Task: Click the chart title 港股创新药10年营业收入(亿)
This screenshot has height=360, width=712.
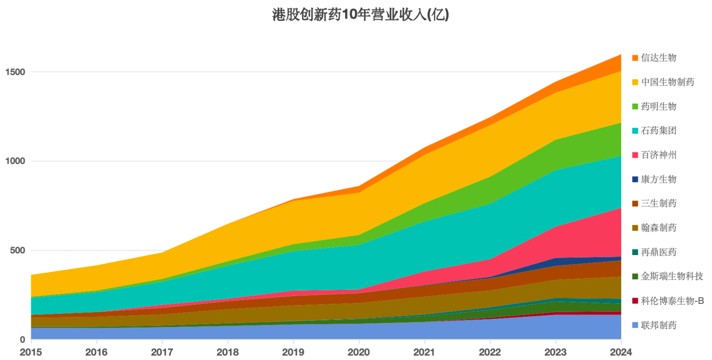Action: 360,15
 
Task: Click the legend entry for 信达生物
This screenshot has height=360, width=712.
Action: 658,58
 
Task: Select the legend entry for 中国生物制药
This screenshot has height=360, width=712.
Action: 667,82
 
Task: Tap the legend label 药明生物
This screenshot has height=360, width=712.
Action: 658,107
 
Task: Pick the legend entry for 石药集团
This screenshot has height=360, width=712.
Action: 658,130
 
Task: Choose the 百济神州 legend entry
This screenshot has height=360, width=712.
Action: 658,155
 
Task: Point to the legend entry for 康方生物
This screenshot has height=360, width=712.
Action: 658,179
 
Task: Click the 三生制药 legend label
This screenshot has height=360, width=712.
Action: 658,203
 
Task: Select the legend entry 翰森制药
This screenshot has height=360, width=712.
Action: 658,227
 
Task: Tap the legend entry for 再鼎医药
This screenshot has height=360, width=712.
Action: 658,252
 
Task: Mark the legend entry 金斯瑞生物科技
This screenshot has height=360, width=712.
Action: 672,276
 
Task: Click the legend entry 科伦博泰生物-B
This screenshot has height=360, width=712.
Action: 672,301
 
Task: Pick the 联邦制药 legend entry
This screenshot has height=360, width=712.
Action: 658,325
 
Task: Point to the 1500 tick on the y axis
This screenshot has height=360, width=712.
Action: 15,72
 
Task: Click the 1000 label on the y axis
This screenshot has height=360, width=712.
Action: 15,161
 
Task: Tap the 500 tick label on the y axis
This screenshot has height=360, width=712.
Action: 18,251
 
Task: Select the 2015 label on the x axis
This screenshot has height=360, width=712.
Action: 31,352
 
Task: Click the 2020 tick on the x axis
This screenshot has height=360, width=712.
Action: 358,352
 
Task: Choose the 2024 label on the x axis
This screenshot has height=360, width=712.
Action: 621,352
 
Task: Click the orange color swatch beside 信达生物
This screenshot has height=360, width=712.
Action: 635,58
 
